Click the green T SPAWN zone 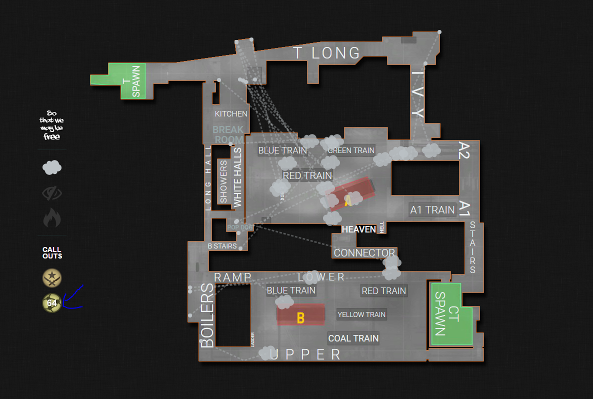coord(132,80)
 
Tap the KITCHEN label coord(231,114)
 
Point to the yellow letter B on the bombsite coord(300,318)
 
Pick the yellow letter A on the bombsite coord(348,201)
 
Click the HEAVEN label coord(358,229)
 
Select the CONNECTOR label coord(364,253)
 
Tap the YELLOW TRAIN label coord(361,314)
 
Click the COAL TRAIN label coord(353,338)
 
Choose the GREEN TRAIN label coord(351,150)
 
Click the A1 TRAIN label coord(432,210)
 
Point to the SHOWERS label coord(223,181)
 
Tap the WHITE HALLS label coord(237,177)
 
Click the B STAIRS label coord(222,246)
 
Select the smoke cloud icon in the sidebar coord(52,167)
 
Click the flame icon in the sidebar coord(52,218)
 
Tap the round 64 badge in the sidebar coord(52,302)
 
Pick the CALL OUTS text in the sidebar coord(52,252)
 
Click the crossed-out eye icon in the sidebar coord(52,192)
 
